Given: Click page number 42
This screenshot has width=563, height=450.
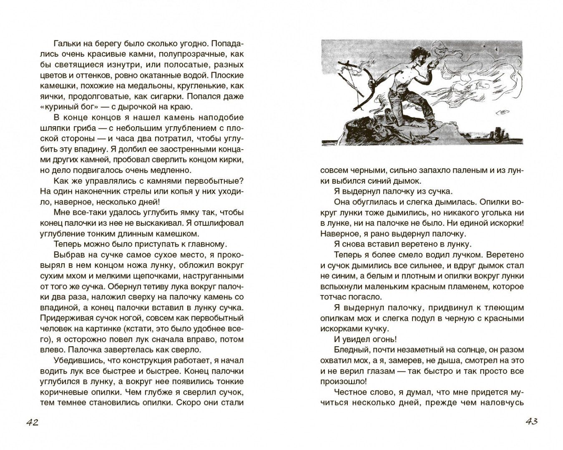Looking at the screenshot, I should (33, 422).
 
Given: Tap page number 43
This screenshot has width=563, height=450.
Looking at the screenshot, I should (531, 421).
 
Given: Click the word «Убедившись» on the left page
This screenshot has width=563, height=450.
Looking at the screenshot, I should (77, 360).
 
